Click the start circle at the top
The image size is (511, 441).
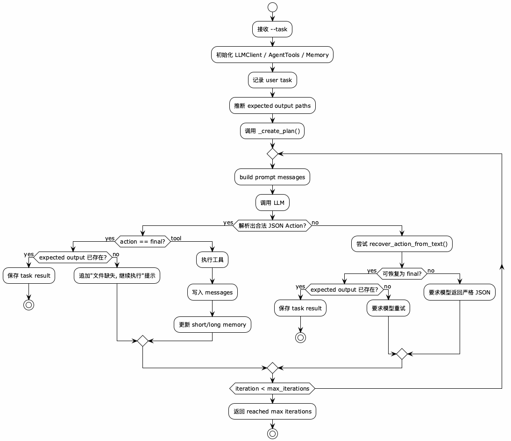[x=272, y=7]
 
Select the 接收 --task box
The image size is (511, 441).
[x=272, y=29]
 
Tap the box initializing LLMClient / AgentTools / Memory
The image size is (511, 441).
[x=272, y=55]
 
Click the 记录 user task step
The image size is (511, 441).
[x=272, y=80]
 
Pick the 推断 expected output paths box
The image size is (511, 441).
[x=272, y=105]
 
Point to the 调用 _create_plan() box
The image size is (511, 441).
[x=272, y=131]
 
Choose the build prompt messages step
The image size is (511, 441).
[x=272, y=177]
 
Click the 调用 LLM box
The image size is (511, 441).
[x=272, y=203]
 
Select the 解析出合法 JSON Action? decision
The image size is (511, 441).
[x=272, y=226]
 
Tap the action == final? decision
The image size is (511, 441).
[x=142, y=241]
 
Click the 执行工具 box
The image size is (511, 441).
[x=213, y=259]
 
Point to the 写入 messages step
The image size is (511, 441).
[x=213, y=292]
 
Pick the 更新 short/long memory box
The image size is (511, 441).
[x=213, y=324]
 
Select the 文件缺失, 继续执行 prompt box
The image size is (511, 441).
[x=117, y=275]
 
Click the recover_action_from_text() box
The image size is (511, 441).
[x=402, y=244]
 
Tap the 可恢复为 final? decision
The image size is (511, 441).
[x=402, y=274]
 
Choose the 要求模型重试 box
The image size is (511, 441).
[x=389, y=308]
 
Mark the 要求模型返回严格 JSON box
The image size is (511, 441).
[x=460, y=292]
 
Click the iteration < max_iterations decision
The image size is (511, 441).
[x=272, y=388]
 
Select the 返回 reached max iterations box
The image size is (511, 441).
[x=272, y=411]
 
